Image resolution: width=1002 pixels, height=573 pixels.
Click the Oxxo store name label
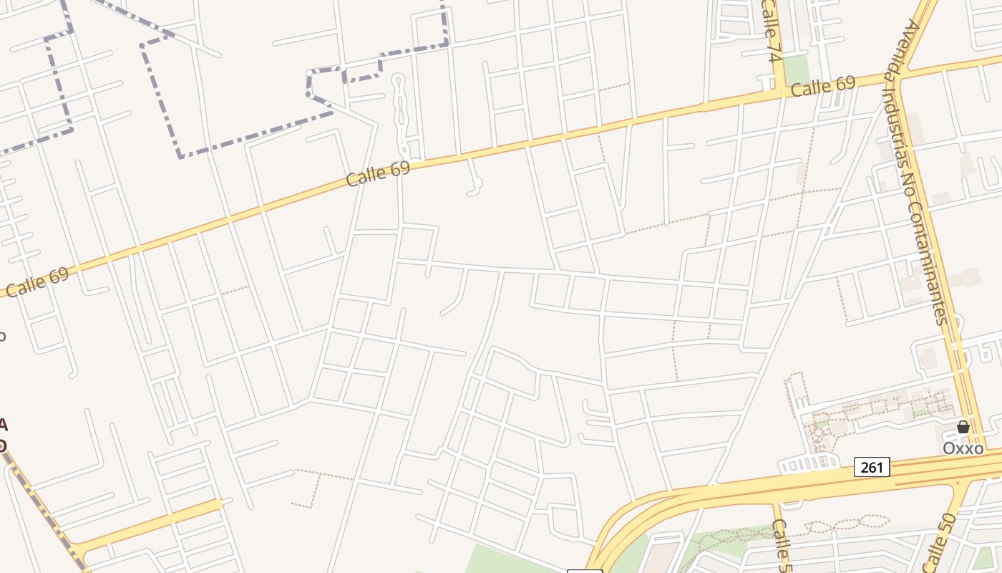(963, 448)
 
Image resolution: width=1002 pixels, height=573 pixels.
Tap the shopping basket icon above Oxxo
(963, 427)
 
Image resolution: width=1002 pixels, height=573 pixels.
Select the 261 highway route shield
(872, 468)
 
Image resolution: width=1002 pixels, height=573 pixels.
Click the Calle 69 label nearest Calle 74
(823, 87)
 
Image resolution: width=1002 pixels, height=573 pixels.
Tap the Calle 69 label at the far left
(37, 281)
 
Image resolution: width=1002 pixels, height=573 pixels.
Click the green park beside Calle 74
(796, 70)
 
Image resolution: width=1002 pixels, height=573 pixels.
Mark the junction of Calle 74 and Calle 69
(779, 92)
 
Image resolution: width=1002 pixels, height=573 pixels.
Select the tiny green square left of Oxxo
(918, 413)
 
